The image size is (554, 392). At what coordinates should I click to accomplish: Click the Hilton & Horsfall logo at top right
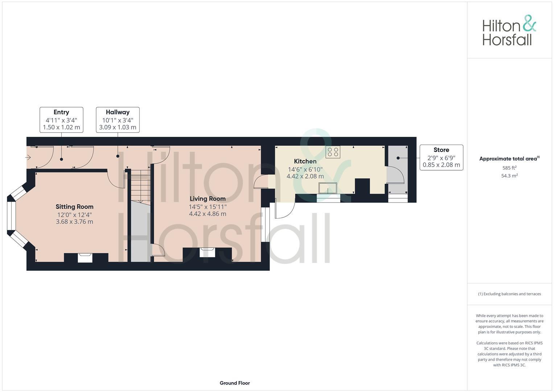[x=509, y=30]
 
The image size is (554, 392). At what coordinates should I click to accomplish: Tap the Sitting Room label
[x=74, y=207]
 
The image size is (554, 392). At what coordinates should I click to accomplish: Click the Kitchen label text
[x=305, y=161]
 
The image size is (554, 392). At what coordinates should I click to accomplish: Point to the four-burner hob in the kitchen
[x=333, y=152]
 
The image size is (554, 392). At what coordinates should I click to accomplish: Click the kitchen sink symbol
[x=328, y=188]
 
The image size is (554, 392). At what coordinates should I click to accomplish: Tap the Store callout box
[x=441, y=157]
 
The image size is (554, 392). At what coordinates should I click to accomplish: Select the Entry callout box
[x=61, y=120]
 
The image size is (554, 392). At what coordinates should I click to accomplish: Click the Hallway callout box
[x=118, y=120]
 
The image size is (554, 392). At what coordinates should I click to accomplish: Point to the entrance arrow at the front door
[x=28, y=157]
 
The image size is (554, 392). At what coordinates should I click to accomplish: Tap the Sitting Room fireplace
[x=86, y=257]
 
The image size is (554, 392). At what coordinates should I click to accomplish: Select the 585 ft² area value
[x=509, y=168]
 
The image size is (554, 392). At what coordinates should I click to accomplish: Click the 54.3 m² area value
[x=509, y=176]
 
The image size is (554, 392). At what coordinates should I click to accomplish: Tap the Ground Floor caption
[x=235, y=383]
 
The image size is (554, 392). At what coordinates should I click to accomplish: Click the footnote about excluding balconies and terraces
[x=509, y=294]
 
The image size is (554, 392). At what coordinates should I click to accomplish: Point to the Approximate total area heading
[x=509, y=159]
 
